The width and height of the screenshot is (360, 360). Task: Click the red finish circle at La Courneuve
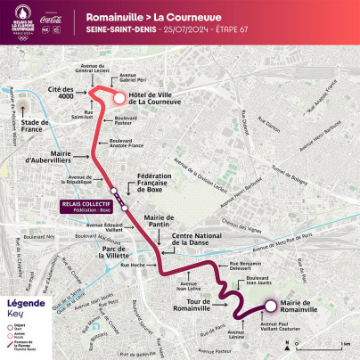(x=119, y=98)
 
